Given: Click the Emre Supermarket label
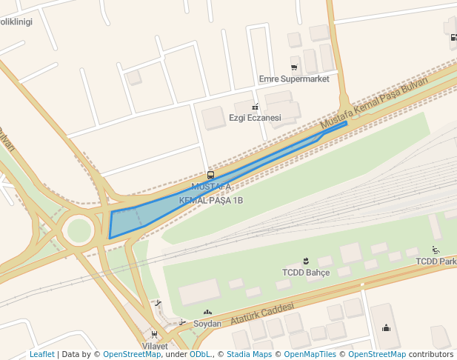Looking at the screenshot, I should point(294,79).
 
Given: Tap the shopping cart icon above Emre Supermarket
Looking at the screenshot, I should point(294,67).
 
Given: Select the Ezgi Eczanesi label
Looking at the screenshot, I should point(255,118).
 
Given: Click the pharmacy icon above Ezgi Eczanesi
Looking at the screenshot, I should point(256,106).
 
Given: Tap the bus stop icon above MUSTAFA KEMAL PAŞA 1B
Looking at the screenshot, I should point(211,176).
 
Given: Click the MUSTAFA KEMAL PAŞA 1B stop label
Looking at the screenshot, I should point(211,193).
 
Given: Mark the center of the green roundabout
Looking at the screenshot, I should point(79,230).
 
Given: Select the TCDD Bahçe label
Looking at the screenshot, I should point(305,273).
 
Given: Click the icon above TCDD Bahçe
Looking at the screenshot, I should point(305,261).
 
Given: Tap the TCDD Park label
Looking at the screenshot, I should point(436,261).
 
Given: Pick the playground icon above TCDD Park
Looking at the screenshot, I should point(436,250).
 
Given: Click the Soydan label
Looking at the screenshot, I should point(207,324).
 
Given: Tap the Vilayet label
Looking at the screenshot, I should point(155,346).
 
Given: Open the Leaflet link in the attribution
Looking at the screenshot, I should point(41,355).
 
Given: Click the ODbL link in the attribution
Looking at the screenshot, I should point(199,355).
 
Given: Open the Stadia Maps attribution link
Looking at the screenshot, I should point(249,355).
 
